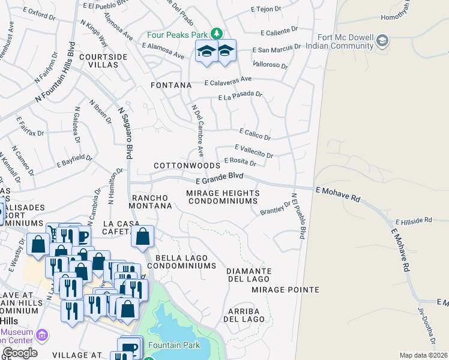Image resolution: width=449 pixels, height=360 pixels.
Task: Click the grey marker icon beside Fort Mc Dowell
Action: pos(382,40)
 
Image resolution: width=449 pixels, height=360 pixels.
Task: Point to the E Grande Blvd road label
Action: pos(220,178)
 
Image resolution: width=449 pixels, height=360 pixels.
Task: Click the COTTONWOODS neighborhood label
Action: pos(187,165)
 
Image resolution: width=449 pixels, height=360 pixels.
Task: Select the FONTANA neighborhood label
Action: pos(170,86)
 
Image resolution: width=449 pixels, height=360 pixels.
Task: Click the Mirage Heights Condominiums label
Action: pos(223,197)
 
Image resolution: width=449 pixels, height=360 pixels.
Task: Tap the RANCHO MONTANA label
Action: pos(152,202)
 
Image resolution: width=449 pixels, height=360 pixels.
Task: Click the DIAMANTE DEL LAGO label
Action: pos(249,275)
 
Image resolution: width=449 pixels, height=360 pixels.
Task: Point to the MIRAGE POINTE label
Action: pos(285,290)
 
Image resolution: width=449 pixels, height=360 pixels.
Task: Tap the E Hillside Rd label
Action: pos(413,220)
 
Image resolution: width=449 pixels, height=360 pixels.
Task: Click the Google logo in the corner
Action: pos(20,353)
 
